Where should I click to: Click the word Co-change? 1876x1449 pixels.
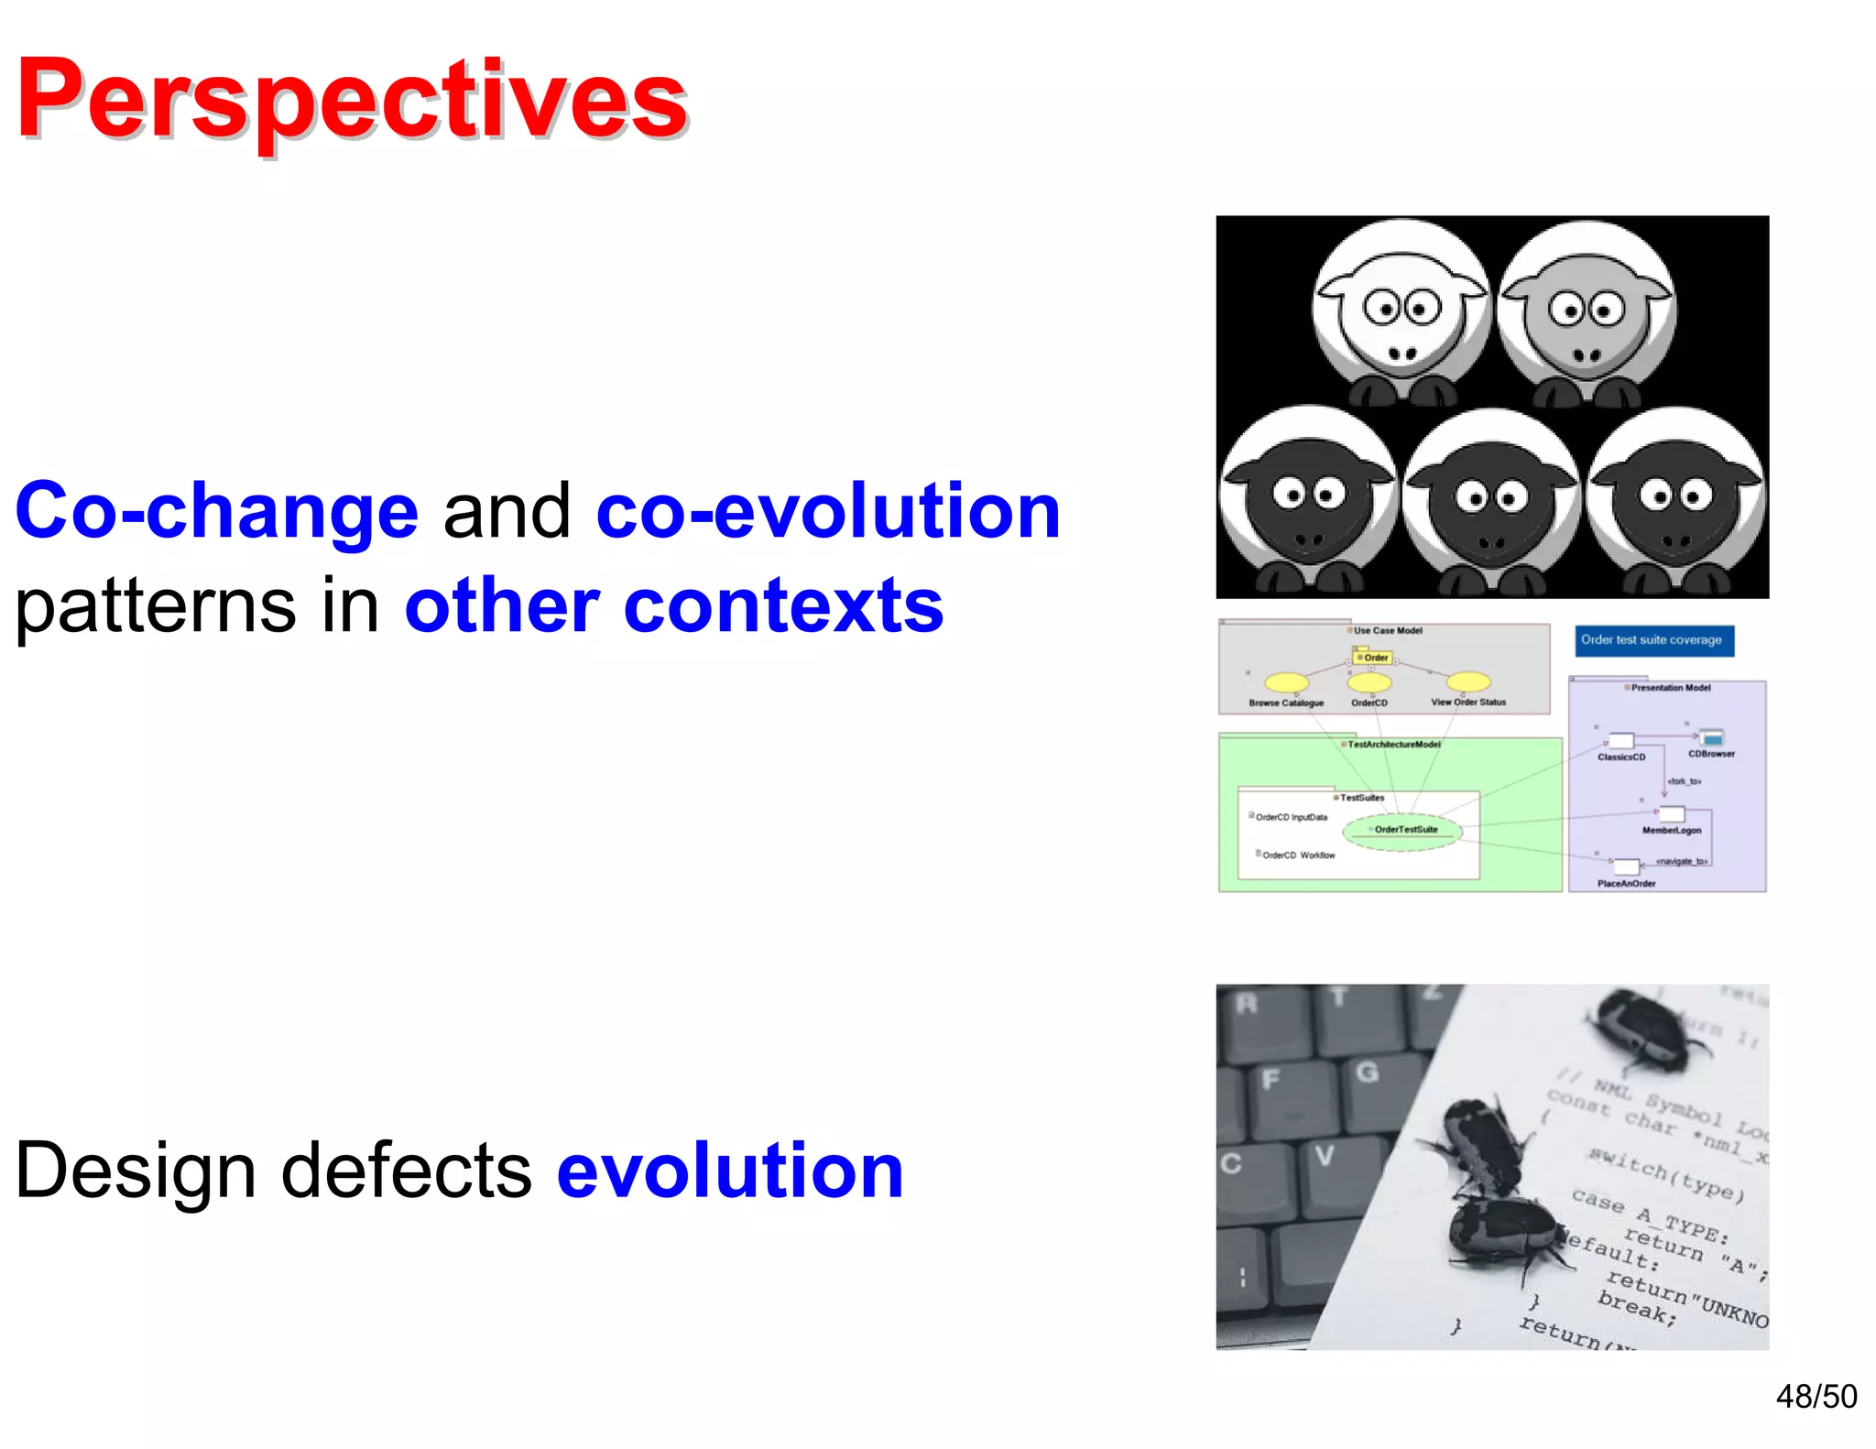click(x=217, y=511)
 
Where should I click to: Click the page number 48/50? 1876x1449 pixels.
click(x=1816, y=1397)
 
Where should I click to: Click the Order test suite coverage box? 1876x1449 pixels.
click(x=1652, y=640)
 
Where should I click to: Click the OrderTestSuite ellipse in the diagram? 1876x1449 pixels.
click(x=1404, y=830)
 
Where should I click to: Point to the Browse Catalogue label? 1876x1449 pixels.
click(x=1285, y=703)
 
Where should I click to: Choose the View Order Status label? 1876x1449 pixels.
click(x=1467, y=703)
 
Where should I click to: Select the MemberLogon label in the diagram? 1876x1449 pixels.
click(x=1671, y=831)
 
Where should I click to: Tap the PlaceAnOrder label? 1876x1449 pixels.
click(x=1626, y=884)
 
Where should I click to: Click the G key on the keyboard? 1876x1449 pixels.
click(x=1367, y=1073)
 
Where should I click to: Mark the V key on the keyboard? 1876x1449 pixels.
click(x=1325, y=1157)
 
